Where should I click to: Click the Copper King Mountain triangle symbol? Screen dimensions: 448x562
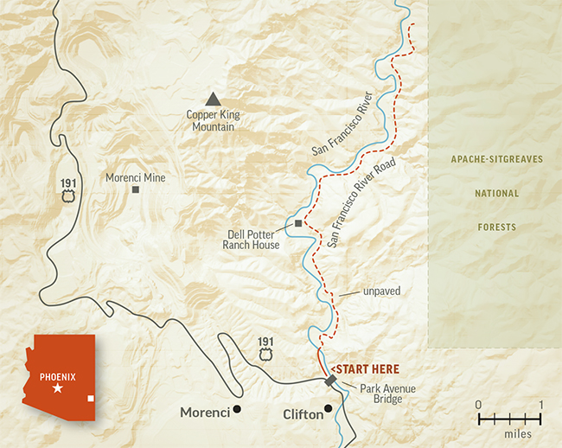click(213, 100)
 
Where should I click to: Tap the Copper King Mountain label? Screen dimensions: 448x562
click(213, 120)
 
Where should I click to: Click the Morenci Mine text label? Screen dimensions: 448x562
click(135, 177)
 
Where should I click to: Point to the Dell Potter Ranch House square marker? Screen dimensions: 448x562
click(298, 224)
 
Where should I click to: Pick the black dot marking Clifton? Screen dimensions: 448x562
click(328, 409)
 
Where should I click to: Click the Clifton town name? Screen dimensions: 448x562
click(303, 414)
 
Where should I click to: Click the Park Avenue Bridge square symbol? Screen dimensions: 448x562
click(330, 381)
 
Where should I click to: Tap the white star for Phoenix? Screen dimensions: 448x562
click(58, 390)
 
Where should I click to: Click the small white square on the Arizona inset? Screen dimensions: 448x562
click(91, 399)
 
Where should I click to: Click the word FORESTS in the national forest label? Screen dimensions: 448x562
click(496, 227)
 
